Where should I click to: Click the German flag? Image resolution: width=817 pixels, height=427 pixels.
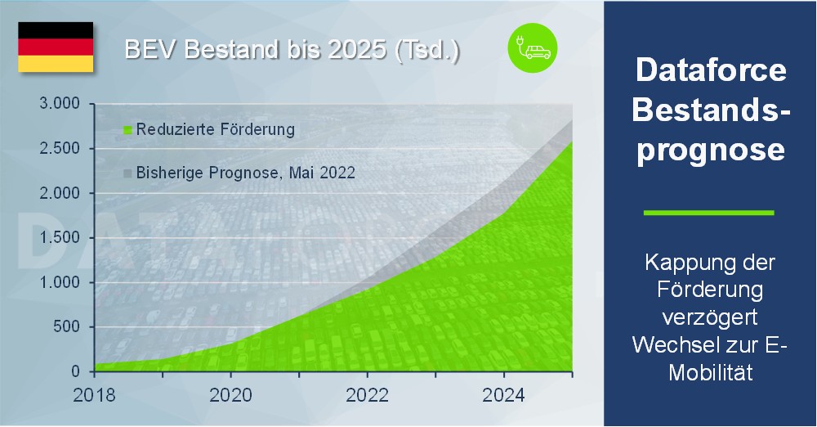[x=56, y=47]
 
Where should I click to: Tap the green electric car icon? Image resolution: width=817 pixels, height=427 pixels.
[x=533, y=48]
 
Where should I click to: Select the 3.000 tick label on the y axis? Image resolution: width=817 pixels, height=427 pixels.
[x=60, y=103]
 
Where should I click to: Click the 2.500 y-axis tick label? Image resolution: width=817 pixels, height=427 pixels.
[x=60, y=148]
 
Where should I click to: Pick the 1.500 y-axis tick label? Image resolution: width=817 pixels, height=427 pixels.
[x=60, y=237]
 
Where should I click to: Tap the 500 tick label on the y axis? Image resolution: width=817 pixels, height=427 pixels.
[x=67, y=326]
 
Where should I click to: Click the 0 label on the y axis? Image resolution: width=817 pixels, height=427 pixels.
[x=75, y=371]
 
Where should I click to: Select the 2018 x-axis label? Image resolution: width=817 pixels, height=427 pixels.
[x=94, y=395]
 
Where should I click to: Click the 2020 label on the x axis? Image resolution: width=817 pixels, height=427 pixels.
[x=231, y=395]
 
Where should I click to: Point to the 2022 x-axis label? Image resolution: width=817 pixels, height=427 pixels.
[x=368, y=395]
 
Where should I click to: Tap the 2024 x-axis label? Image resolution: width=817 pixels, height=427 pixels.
[x=504, y=395]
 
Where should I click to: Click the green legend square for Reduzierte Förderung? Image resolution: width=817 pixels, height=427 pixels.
[x=127, y=129]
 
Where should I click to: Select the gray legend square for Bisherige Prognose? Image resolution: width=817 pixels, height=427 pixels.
[x=127, y=173]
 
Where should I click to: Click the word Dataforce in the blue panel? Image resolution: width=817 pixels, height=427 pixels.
[x=711, y=70]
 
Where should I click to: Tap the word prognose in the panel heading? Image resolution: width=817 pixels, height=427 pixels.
[x=711, y=151]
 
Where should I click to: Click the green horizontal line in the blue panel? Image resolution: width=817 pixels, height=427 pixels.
[x=709, y=213]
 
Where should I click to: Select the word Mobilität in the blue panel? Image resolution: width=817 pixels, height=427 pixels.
[x=711, y=373]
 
